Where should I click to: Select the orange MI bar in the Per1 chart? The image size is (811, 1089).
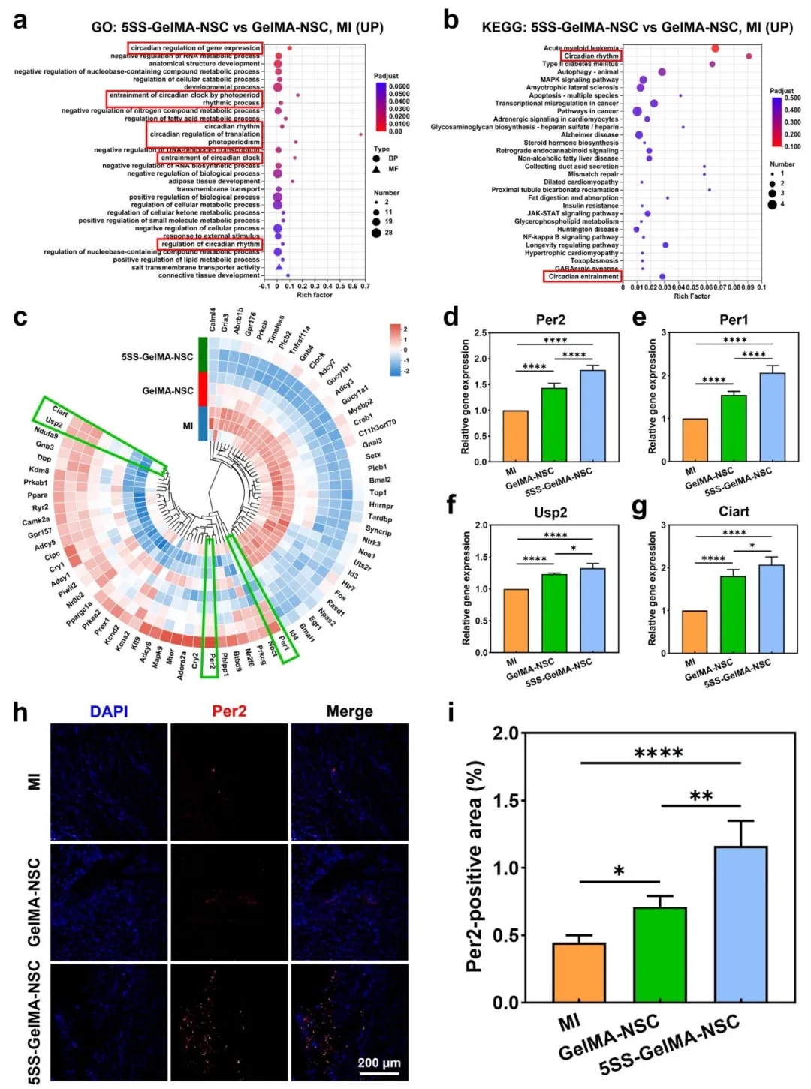(x=695, y=440)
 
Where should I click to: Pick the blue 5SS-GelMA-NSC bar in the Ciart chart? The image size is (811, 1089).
(x=771, y=609)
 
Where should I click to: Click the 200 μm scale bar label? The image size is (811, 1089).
(x=379, y=1063)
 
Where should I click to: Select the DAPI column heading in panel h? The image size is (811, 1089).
(x=109, y=711)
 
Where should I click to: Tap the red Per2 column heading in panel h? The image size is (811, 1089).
(x=229, y=711)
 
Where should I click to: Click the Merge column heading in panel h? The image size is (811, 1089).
(x=349, y=711)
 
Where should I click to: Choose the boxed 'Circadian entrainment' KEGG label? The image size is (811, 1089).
(x=583, y=276)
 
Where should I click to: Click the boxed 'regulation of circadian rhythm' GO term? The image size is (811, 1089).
(x=211, y=244)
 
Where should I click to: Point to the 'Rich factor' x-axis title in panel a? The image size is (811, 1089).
(x=314, y=295)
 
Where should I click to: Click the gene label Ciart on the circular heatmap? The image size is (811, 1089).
(x=60, y=412)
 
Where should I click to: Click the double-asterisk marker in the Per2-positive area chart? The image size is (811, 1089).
(x=701, y=796)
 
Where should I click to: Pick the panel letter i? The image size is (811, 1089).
(x=451, y=711)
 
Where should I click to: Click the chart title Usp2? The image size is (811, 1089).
(x=550, y=513)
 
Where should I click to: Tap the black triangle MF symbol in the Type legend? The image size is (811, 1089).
(x=375, y=169)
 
